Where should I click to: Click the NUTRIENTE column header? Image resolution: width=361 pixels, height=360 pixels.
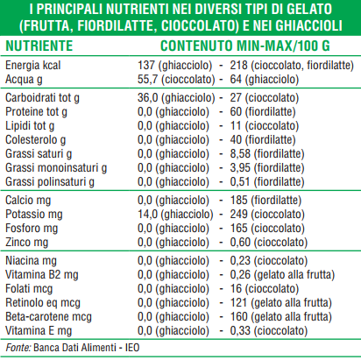point(39,46)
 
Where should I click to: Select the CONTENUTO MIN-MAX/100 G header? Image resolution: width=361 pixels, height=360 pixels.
point(245,46)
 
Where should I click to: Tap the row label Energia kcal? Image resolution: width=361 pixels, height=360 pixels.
point(33,65)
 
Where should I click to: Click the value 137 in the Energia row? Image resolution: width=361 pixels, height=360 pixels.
point(145,65)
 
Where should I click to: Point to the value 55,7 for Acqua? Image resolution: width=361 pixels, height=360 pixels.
point(148,79)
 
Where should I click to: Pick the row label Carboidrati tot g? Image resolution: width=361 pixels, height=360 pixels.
point(42,98)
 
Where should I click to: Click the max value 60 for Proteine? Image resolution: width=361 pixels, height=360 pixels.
point(236,112)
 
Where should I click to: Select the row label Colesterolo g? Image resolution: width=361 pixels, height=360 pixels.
point(35,140)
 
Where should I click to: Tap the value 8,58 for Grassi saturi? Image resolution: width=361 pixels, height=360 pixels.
point(240,154)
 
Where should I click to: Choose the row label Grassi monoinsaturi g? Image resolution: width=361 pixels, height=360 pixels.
point(56,168)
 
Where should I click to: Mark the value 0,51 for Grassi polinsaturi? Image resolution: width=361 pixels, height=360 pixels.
point(240,182)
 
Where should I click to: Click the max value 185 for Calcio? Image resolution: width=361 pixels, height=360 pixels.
point(238,201)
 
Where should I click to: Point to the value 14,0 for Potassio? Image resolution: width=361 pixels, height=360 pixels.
point(148,215)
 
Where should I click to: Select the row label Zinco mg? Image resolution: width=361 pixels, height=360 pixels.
point(26,243)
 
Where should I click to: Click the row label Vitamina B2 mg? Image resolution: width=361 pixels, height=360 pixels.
point(42,275)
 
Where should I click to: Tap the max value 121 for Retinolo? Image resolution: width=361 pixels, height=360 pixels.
point(238,303)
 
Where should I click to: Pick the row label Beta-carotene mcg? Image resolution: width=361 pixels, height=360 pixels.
point(48,317)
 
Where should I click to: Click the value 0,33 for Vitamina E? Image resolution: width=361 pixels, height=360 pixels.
point(240,331)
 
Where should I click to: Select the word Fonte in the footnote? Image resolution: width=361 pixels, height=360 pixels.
point(18,348)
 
